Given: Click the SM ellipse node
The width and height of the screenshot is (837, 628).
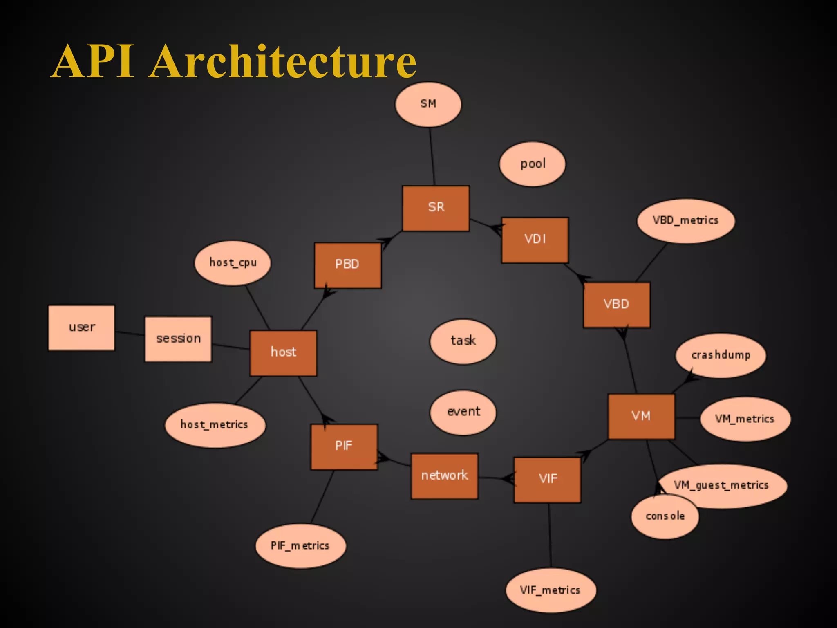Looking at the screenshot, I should (428, 104).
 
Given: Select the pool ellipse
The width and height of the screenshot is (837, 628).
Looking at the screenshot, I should (533, 164).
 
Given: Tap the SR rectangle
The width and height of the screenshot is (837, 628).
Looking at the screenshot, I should (436, 208).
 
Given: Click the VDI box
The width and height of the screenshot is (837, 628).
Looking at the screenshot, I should (535, 240).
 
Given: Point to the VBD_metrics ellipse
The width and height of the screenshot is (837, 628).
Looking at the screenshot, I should (685, 221).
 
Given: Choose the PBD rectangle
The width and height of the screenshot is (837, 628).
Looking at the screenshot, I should (347, 265).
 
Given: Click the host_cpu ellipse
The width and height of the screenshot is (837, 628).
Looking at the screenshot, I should (233, 262).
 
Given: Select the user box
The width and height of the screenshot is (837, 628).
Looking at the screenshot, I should (82, 327).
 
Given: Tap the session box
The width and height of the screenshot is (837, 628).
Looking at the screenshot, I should (178, 339).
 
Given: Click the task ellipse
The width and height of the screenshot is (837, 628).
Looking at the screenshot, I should (463, 341).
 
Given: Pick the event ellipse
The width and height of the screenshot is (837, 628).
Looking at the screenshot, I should (463, 412).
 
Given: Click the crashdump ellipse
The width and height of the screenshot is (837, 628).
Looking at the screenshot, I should (721, 355).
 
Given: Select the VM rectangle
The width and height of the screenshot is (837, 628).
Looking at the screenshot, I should (641, 416).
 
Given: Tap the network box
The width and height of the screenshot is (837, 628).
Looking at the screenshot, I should (444, 475).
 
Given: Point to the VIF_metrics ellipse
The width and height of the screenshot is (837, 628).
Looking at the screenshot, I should (550, 590).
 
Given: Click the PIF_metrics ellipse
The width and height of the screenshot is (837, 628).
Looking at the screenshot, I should (300, 546).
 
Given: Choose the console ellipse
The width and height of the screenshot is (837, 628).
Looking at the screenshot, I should (665, 517).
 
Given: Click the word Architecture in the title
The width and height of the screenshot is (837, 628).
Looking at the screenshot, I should (283, 61).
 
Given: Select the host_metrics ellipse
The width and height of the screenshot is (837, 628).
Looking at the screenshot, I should (215, 425).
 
